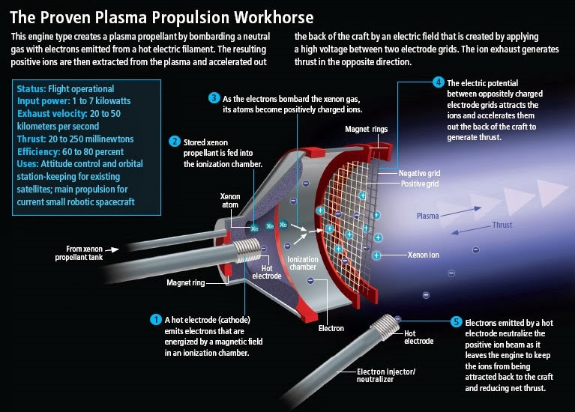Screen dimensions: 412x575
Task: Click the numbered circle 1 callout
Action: pyautogui.click(x=156, y=319)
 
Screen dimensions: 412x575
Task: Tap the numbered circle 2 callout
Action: pyautogui.click(x=175, y=141)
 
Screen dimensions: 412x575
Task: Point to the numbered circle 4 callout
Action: pyautogui.click(x=438, y=82)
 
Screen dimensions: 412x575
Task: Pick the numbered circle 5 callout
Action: pyautogui.click(x=456, y=321)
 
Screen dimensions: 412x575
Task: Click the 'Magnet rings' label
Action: pyautogui.click(x=367, y=129)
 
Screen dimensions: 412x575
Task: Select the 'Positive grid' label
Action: pyautogui.click(x=421, y=183)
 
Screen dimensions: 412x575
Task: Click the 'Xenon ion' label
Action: pyautogui.click(x=424, y=255)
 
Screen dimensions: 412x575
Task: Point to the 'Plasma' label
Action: pyautogui.click(x=428, y=216)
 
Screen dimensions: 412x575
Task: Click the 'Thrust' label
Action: pyautogui.click(x=502, y=225)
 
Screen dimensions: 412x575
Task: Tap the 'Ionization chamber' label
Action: pyautogui.click(x=303, y=264)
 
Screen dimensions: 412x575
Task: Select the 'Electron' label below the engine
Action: pyautogui.click(x=331, y=328)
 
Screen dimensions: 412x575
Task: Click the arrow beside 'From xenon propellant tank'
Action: pyautogui.click(x=112, y=249)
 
